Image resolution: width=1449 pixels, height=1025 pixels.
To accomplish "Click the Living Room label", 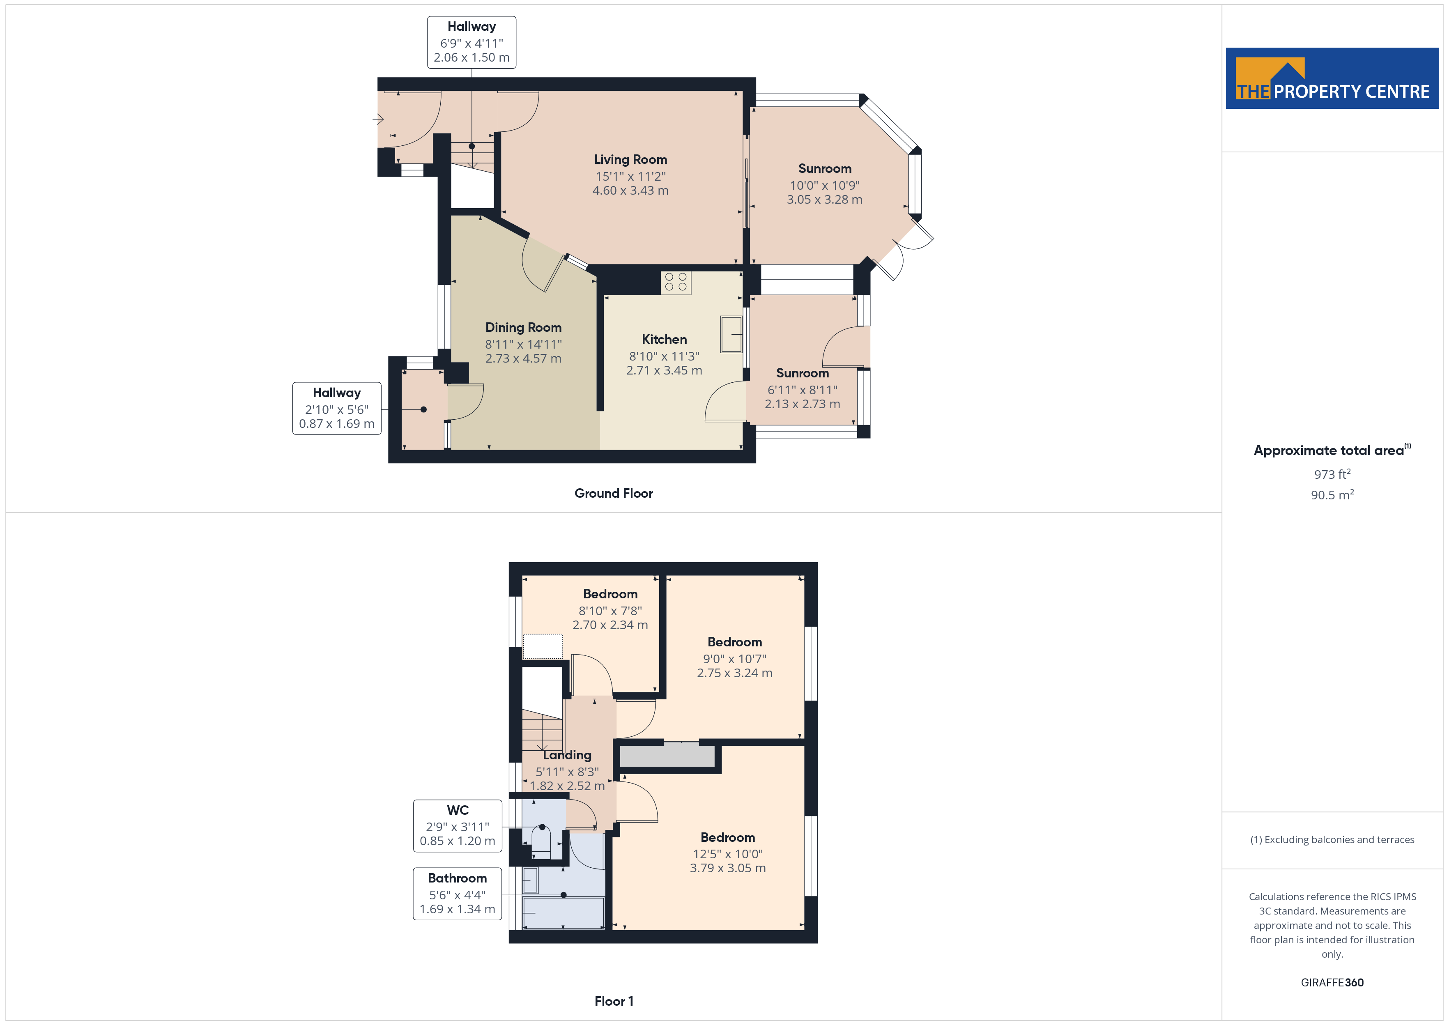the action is click(630, 160).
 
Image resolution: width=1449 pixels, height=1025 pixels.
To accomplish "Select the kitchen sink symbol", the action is click(731, 334).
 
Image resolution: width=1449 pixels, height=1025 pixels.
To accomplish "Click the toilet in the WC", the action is click(541, 841).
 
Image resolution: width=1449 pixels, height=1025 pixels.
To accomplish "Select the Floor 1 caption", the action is click(614, 1001).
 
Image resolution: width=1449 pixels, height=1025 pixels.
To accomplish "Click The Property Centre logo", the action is click(1332, 78).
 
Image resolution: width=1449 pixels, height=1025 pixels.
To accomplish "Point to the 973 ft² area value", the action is click(1332, 474).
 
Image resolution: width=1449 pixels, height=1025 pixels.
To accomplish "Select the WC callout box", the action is click(458, 825).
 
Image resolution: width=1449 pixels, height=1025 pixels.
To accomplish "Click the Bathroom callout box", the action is click(458, 894).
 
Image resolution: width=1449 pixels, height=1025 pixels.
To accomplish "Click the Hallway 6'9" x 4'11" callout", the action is click(471, 42).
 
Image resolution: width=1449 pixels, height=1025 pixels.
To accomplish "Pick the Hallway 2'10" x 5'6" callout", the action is click(337, 408).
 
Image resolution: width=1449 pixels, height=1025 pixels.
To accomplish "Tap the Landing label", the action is click(567, 755).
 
